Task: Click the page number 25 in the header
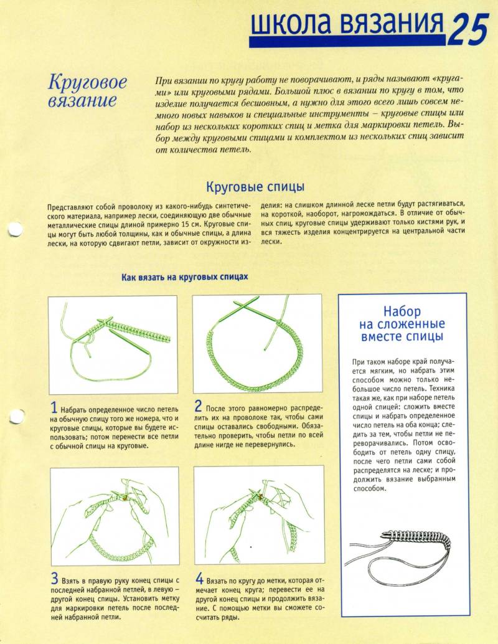click(x=467, y=29)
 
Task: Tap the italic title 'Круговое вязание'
click(x=87, y=91)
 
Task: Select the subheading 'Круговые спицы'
click(x=255, y=187)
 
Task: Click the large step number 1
click(x=54, y=409)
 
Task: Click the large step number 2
click(x=199, y=407)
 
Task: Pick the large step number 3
click(x=55, y=578)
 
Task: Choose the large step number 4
click(x=199, y=577)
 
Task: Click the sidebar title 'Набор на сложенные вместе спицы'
click(x=402, y=324)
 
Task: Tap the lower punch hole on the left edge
click(x=16, y=415)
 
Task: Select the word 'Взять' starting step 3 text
click(x=72, y=580)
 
